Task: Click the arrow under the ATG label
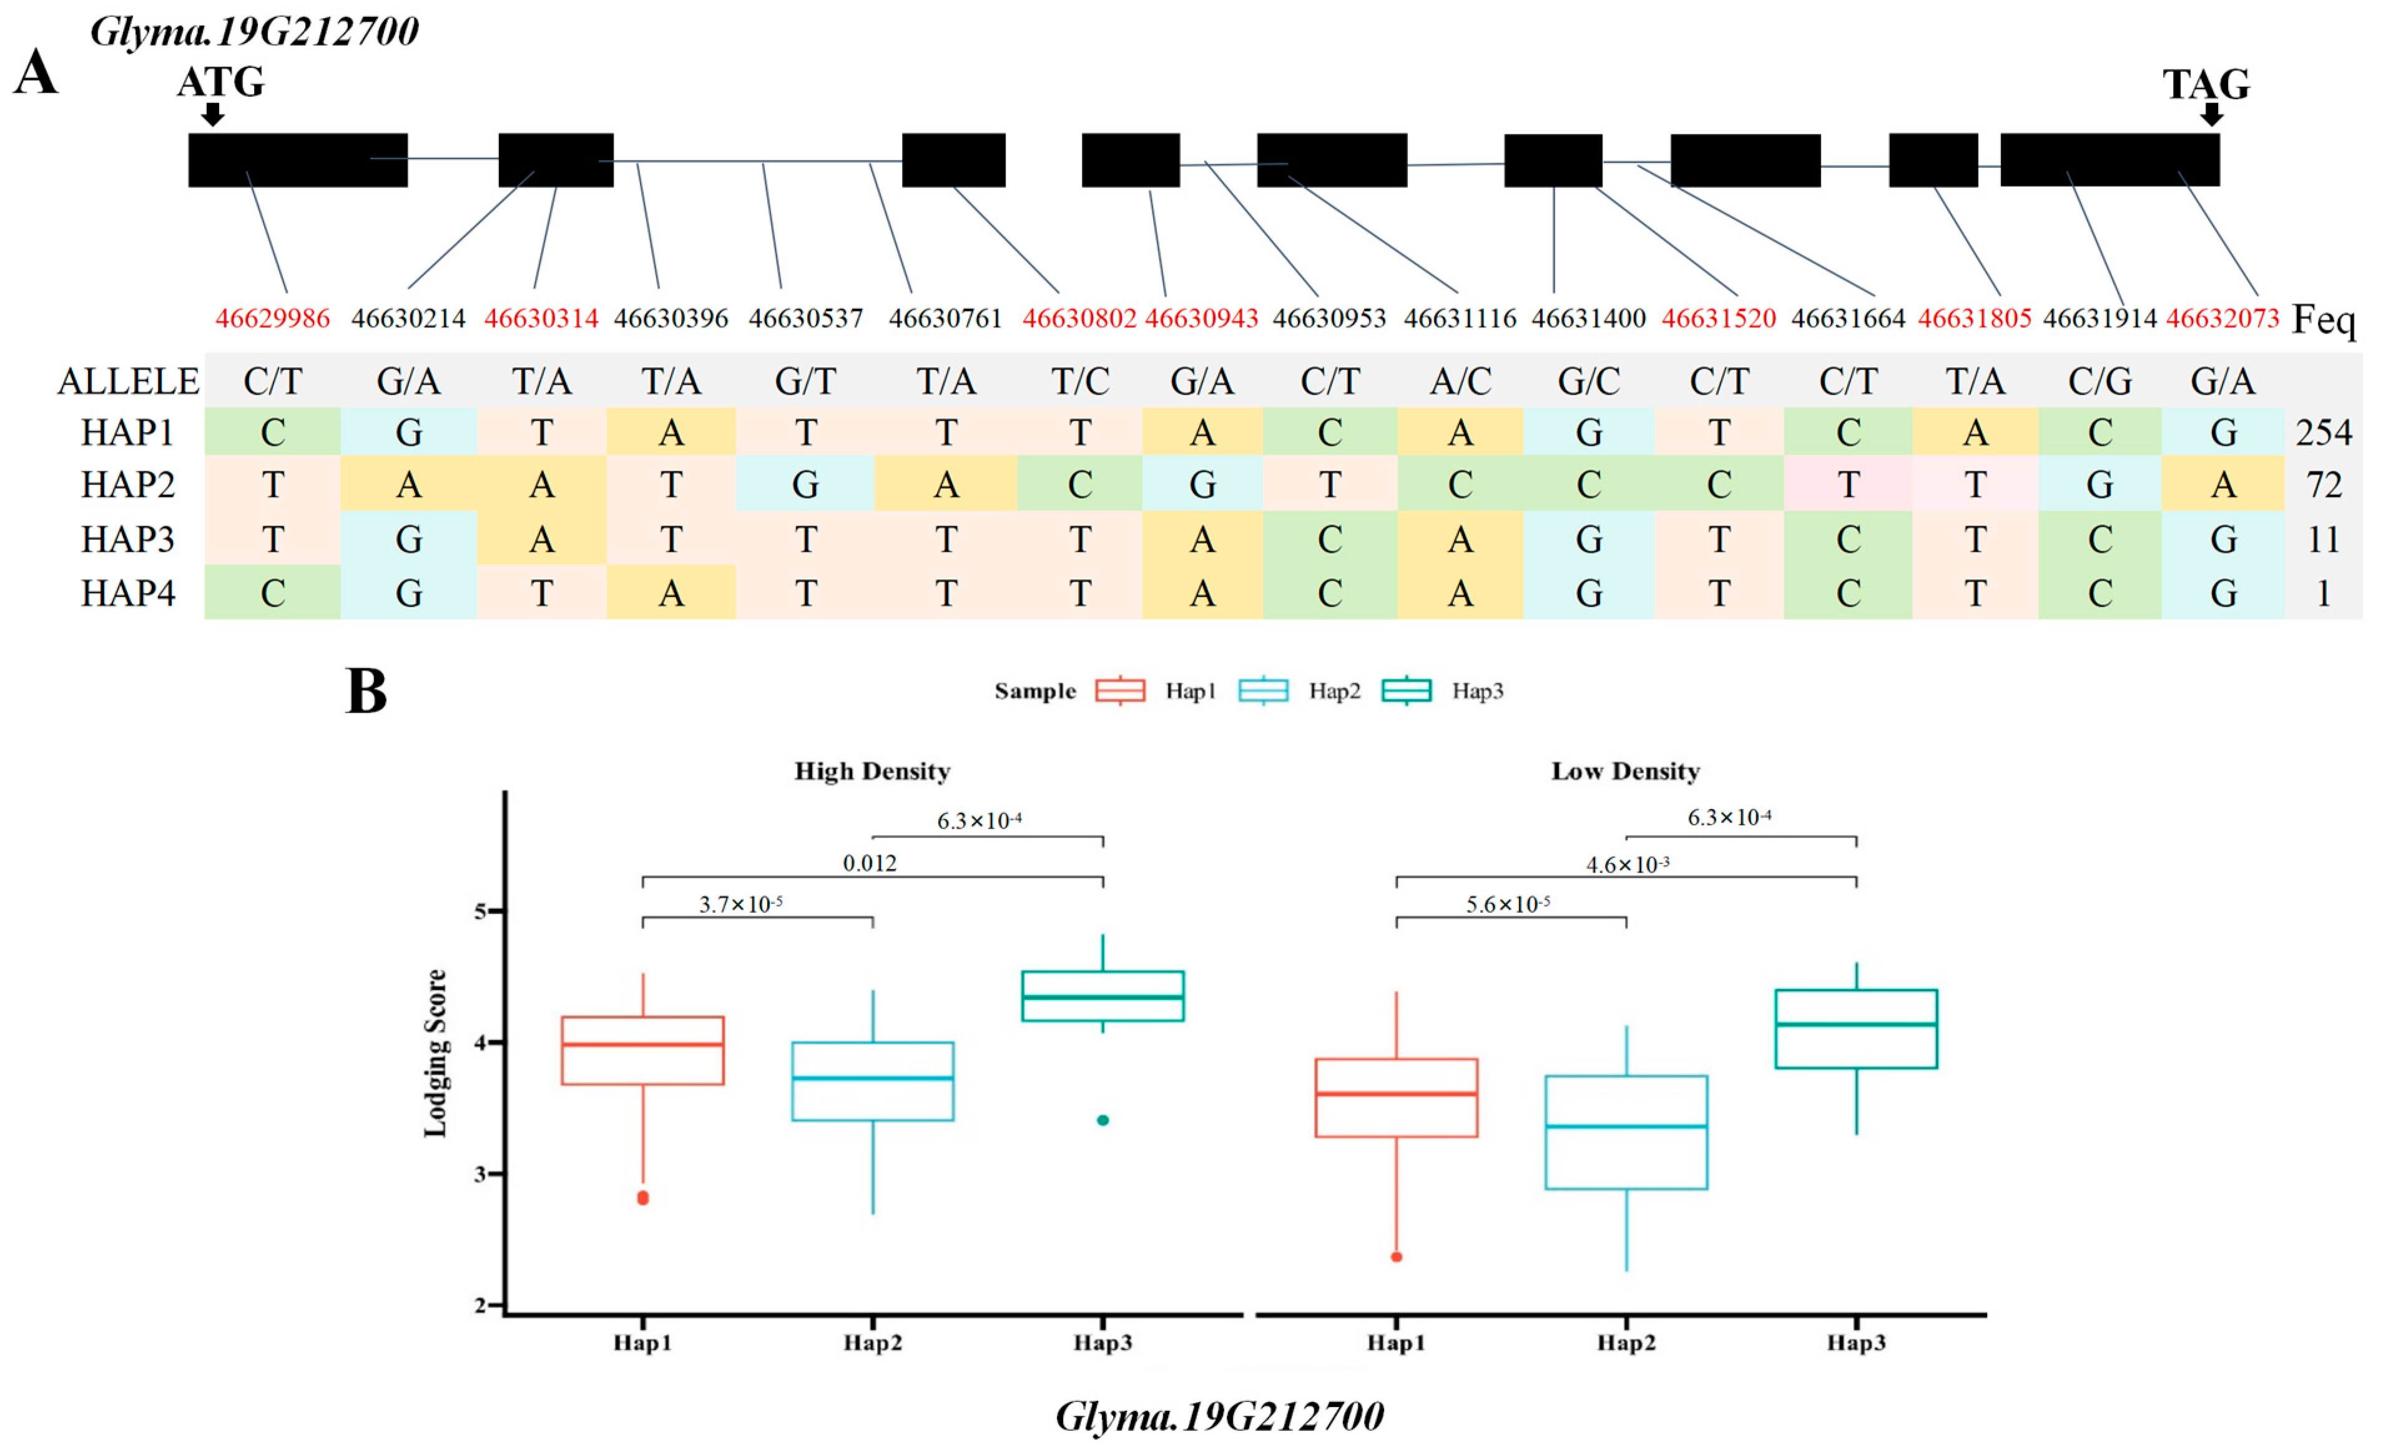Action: tap(213, 114)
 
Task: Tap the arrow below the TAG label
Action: tap(2211, 114)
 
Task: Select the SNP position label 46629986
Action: tap(273, 318)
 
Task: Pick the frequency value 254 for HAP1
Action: tap(2323, 432)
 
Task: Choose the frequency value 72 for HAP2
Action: tap(2323, 484)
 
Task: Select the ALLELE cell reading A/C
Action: tap(1460, 381)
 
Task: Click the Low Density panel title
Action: tap(1626, 771)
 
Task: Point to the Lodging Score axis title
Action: tap(436, 1053)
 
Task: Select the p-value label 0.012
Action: tap(870, 863)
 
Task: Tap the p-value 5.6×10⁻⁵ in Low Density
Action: tap(1508, 905)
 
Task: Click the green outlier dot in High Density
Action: tap(1102, 1121)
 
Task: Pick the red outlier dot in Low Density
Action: tap(1397, 1257)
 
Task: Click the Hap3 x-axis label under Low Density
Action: tap(1855, 1342)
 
